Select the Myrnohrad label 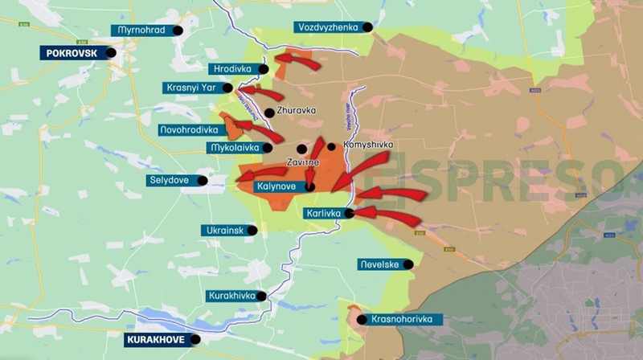(x=141, y=30)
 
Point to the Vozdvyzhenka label (x=327, y=27)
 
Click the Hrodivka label (x=230, y=69)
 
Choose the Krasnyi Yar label (x=191, y=88)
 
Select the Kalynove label (x=276, y=186)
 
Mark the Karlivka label (x=324, y=214)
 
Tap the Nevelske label (x=379, y=264)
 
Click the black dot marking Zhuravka (x=268, y=112)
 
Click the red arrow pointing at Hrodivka (x=297, y=60)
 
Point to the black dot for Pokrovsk (x=111, y=53)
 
